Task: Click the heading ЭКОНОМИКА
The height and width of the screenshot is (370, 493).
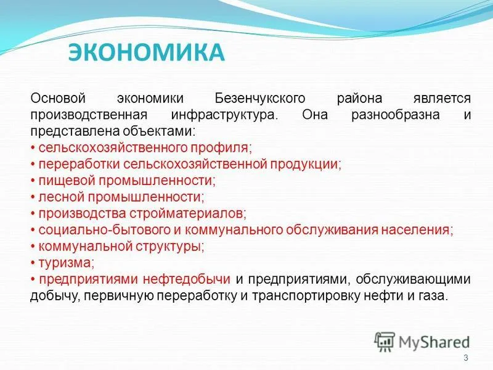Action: point(147,52)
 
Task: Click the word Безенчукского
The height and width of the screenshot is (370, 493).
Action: point(260,99)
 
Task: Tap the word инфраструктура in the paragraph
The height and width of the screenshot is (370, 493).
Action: point(224,115)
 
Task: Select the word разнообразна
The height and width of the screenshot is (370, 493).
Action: point(396,115)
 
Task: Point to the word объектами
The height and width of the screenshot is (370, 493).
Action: point(159,131)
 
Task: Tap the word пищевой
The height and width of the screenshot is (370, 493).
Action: point(67,181)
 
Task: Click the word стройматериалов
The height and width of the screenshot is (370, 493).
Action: point(188,213)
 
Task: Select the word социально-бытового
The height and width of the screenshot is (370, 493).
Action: point(104,229)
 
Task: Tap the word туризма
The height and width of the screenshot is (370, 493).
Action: point(67,263)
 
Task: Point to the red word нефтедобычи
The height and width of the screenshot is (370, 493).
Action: point(187,279)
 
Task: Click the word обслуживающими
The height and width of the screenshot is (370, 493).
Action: point(413,279)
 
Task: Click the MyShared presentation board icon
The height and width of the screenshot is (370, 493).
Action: point(385,342)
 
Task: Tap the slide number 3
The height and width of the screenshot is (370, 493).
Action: point(466,358)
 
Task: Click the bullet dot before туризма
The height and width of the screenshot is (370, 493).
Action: point(33,263)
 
